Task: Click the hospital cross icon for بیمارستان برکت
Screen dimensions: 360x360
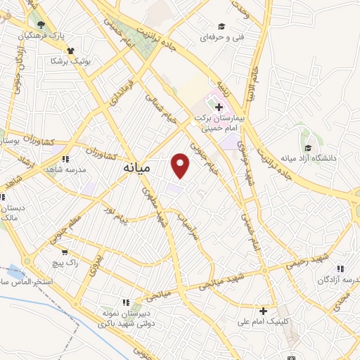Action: click(219, 108)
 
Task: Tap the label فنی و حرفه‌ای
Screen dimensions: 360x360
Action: click(219, 35)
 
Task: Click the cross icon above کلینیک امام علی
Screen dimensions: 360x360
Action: click(264, 311)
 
